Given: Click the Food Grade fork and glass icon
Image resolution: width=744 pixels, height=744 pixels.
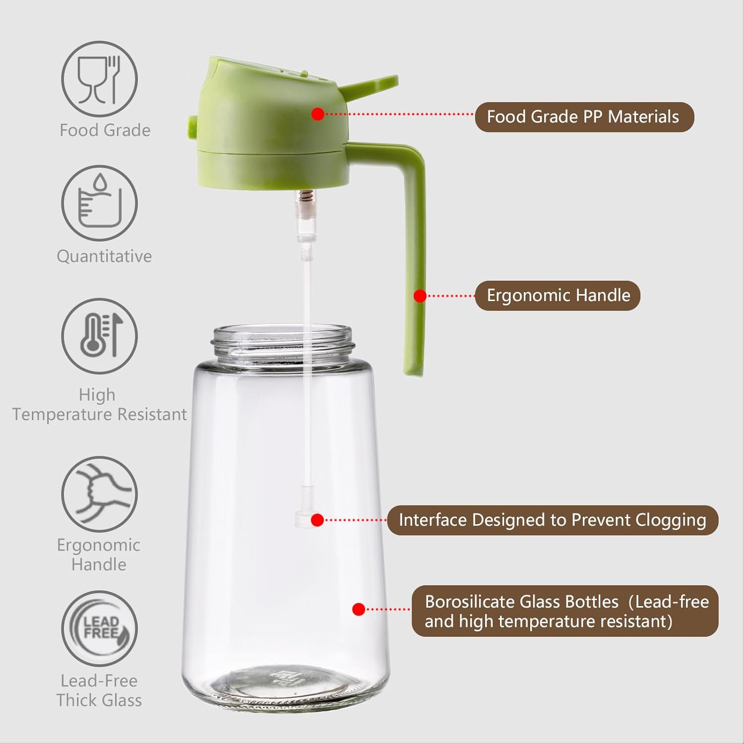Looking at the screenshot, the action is [x=99, y=79].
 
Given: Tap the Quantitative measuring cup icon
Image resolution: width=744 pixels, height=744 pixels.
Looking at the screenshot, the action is [x=99, y=203].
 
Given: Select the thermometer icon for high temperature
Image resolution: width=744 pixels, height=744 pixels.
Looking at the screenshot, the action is [x=99, y=336].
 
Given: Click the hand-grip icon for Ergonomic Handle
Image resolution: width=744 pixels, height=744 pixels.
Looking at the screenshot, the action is [x=99, y=494].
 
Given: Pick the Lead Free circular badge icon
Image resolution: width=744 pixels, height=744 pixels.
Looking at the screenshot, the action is [x=99, y=628].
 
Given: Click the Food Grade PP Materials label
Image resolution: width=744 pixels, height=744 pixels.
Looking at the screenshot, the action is [x=584, y=117].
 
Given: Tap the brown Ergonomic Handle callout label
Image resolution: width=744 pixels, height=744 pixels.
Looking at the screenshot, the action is [x=558, y=296].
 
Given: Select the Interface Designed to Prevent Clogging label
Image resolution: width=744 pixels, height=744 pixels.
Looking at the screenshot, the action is [x=553, y=520].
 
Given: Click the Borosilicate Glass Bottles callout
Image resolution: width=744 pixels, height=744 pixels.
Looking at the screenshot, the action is [x=565, y=611].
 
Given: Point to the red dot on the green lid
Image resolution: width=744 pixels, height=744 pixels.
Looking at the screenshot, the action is [x=318, y=114].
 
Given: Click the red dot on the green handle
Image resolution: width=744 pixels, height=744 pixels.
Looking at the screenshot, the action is [x=420, y=296].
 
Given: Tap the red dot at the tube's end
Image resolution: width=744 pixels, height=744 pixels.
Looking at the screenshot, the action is [x=317, y=520].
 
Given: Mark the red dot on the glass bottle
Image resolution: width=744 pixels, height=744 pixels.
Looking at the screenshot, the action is [x=359, y=609].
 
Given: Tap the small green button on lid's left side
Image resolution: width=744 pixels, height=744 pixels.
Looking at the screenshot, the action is [x=192, y=126].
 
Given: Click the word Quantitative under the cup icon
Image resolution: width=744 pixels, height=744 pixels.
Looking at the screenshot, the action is [x=104, y=256].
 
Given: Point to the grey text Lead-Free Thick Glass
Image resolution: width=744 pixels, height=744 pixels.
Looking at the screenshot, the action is [x=99, y=690].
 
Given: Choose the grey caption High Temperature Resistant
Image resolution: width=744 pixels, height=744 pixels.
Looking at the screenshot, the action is [x=99, y=404].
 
